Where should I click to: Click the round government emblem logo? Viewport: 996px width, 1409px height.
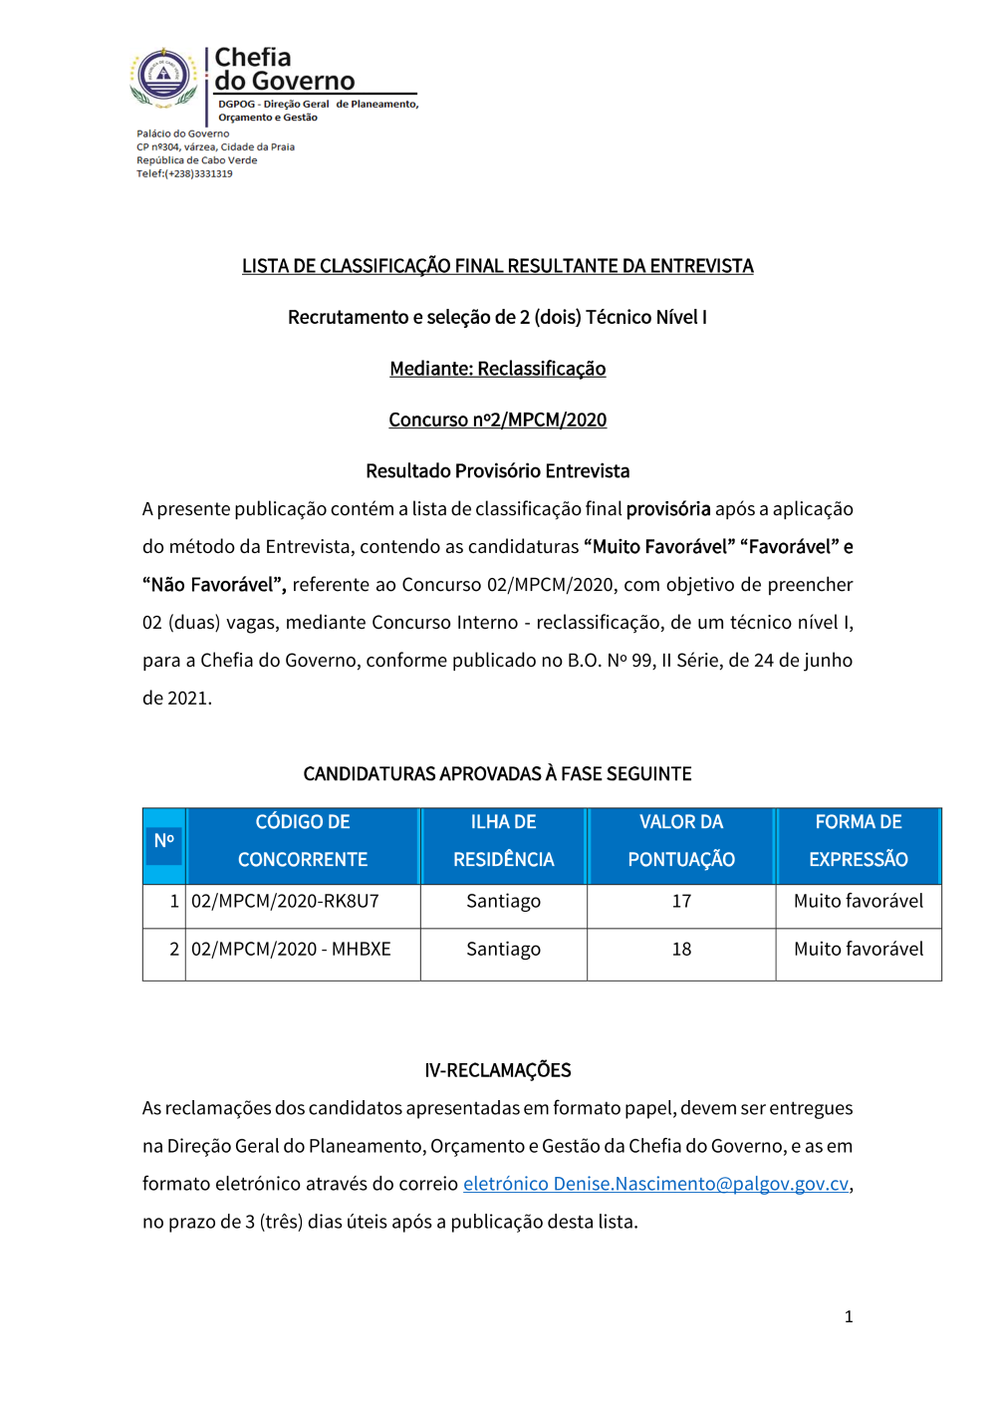pyautogui.click(x=164, y=76)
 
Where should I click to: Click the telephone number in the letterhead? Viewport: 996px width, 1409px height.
pyautogui.click(x=184, y=173)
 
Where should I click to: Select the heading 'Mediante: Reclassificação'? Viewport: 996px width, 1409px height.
pyautogui.click(x=497, y=369)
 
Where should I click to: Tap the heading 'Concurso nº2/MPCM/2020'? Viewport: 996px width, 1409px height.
pyautogui.click(x=497, y=420)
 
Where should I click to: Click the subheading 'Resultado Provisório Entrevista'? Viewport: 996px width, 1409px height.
pyautogui.click(x=497, y=470)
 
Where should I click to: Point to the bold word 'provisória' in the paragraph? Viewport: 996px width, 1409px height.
pyautogui.click(x=668, y=509)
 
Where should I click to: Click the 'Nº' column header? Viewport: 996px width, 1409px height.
pyautogui.click(x=164, y=841)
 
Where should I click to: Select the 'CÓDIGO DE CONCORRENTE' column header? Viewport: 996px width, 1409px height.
pyautogui.click(x=303, y=841)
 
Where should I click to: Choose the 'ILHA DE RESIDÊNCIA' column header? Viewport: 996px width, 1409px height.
pyautogui.click(x=503, y=841)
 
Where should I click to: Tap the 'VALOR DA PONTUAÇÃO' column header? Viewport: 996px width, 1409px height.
pyautogui.click(x=681, y=841)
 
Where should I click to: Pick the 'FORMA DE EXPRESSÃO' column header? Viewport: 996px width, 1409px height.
pyautogui.click(x=858, y=841)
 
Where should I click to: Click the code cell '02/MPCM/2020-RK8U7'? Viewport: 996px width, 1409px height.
pyautogui.click(x=286, y=902)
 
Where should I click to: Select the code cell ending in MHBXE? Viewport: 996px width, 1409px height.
pyautogui.click(x=291, y=950)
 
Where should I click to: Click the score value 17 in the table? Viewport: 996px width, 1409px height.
pyautogui.click(x=681, y=902)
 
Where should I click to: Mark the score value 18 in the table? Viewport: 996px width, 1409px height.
pyautogui.click(x=681, y=950)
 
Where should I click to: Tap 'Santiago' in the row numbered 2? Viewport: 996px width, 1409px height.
pyautogui.click(x=503, y=950)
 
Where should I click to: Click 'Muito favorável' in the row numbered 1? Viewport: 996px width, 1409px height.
pyautogui.click(x=858, y=902)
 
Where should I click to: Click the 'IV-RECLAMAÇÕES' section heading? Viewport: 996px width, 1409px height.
pyautogui.click(x=497, y=1070)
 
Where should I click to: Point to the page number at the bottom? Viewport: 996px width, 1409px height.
pyautogui.click(x=849, y=1317)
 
